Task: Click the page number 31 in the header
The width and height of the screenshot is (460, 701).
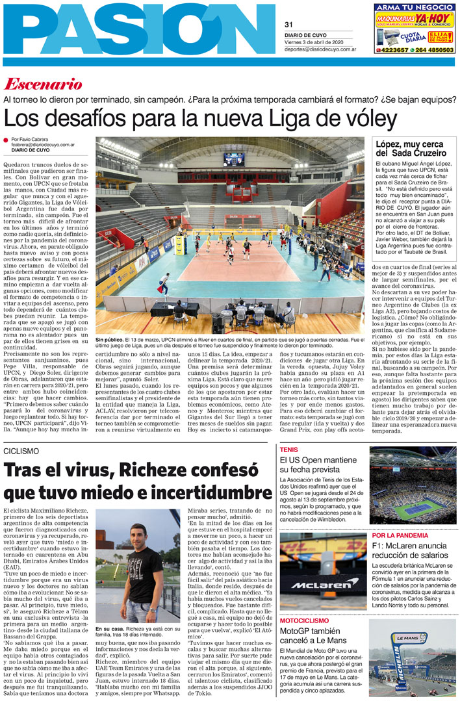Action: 289,25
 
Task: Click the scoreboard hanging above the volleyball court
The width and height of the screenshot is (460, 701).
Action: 234,159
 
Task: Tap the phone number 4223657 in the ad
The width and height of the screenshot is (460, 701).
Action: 394,49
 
